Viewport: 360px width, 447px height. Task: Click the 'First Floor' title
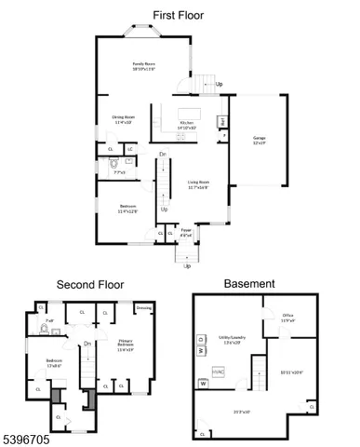(180, 15)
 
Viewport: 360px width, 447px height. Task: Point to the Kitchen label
(187, 123)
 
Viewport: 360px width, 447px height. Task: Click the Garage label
(260, 142)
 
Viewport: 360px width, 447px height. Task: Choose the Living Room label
(196, 185)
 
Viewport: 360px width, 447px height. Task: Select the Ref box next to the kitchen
(222, 121)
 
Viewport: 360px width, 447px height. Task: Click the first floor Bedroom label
(128, 209)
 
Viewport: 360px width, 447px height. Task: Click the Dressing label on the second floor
(144, 306)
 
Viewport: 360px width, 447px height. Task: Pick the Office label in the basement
(288, 317)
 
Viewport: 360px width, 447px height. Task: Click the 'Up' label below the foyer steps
(187, 266)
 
